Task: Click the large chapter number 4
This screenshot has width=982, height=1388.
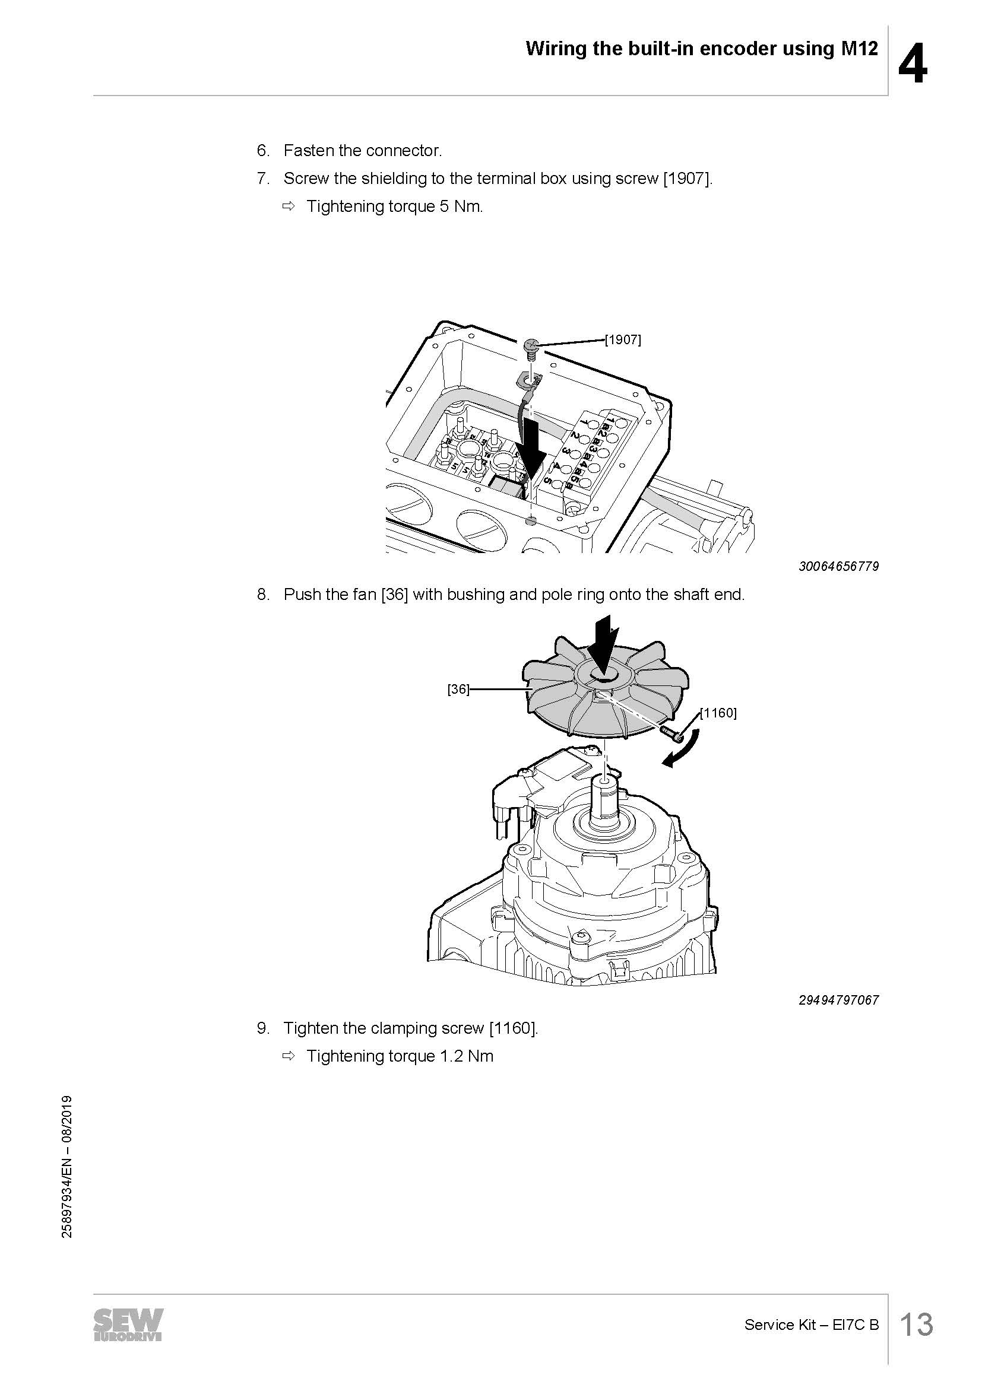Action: (913, 64)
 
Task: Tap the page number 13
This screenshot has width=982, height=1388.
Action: (917, 1325)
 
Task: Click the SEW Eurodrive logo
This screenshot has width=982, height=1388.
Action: (128, 1326)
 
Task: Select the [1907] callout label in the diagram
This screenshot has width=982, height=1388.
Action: (623, 340)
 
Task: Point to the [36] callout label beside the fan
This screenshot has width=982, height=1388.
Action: (458, 689)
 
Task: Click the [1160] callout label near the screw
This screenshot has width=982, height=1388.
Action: (718, 713)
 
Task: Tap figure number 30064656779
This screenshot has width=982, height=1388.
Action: (839, 567)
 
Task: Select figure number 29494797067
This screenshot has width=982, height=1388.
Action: (839, 1000)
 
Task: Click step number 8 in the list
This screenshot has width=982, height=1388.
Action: (263, 595)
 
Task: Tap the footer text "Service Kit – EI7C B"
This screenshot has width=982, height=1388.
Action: (812, 1325)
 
